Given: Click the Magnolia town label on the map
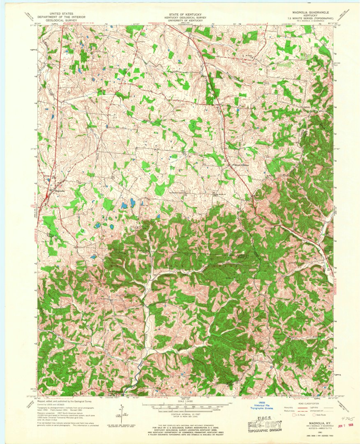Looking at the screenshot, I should click(59, 191).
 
